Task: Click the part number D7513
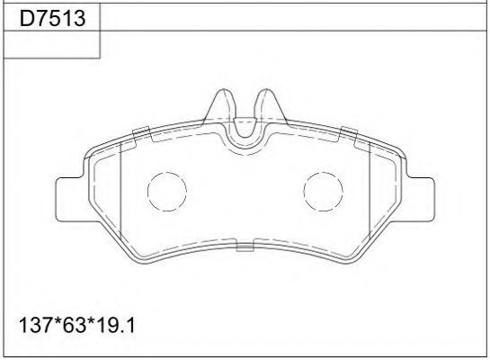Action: click(x=50, y=17)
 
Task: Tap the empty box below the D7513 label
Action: click(x=50, y=46)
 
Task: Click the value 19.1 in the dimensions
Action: click(x=118, y=323)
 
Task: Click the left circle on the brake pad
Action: click(x=165, y=192)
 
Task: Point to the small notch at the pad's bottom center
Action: click(x=244, y=244)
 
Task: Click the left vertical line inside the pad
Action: click(x=120, y=193)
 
